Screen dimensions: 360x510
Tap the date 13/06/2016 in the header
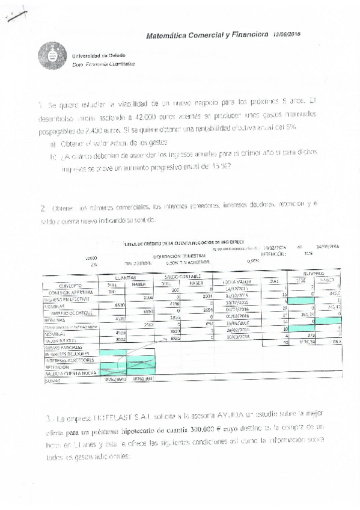click(x=287, y=35)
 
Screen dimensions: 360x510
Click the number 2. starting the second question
click(x=43, y=209)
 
